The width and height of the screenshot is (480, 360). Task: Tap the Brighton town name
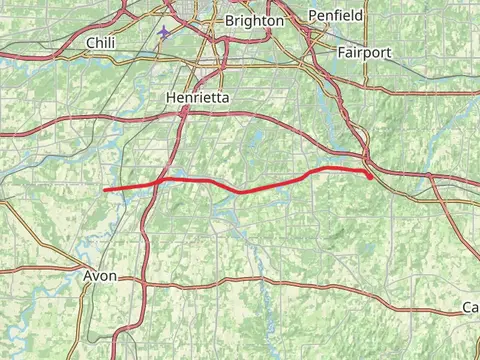(x=254, y=20)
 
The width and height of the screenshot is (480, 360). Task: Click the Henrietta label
(x=196, y=98)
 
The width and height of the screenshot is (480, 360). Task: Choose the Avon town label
(x=100, y=275)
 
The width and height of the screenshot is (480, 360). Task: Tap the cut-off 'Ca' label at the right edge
(x=470, y=306)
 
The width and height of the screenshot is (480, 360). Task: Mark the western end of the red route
(x=105, y=188)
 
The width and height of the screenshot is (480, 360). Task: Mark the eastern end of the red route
(x=372, y=177)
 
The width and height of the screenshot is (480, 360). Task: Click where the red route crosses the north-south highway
(x=157, y=182)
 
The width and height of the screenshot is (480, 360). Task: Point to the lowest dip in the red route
(x=241, y=191)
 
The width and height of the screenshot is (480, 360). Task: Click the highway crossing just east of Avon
(x=141, y=282)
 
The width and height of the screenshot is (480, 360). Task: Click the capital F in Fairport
(x=341, y=51)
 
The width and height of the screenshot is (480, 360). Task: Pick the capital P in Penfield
(x=311, y=16)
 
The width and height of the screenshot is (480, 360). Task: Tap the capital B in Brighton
(x=231, y=20)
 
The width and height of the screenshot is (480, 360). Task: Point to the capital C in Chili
(x=91, y=42)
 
